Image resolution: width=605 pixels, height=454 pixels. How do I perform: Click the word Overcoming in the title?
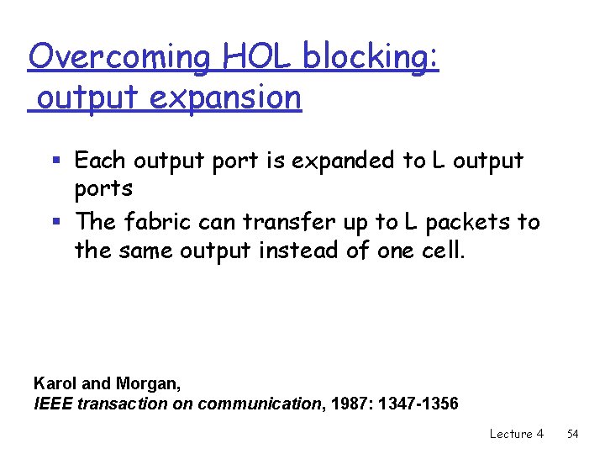pos(120,58)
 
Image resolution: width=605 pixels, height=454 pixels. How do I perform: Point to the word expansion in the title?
pos(225,98)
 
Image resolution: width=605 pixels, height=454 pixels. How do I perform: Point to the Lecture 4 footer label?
pos(516,434)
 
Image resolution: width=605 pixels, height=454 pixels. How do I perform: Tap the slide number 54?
pos(573,434)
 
